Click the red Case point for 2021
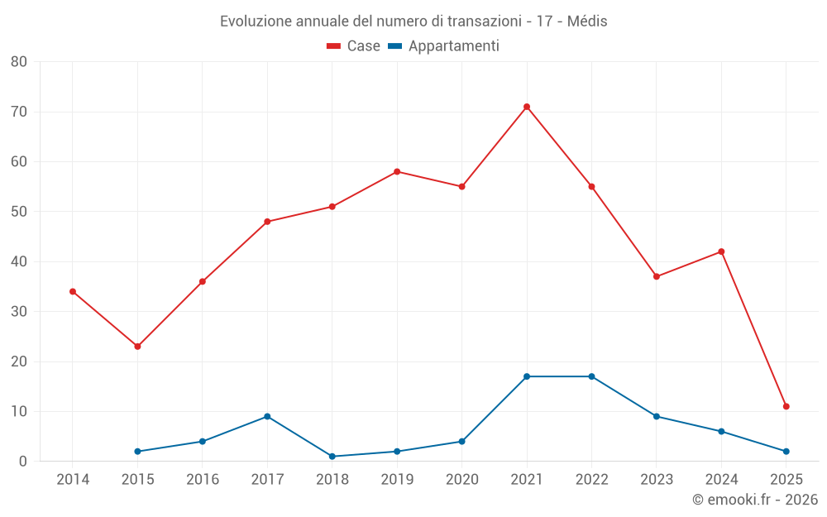point(527,107)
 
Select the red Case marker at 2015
point(137,347)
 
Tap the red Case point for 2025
point(786,406)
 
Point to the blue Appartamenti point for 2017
point(267,416)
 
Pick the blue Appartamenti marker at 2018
point(332,457)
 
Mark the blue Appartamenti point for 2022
point(591,376)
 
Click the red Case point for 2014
point(73,291)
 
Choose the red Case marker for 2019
point(397,171)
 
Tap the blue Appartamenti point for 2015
point(137,452)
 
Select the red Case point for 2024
point(721,251)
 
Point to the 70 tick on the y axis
point(19,112)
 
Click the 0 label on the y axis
point(23,462)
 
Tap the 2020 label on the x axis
point(462,480)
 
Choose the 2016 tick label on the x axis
point(203,480)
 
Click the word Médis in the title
point(587,22)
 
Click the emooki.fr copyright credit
point(755,500)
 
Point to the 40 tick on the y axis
point(19,261)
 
